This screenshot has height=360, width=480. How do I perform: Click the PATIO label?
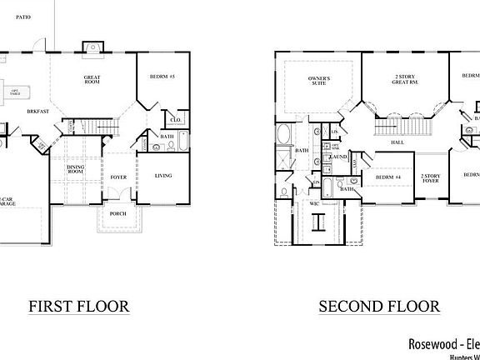pos(22,17)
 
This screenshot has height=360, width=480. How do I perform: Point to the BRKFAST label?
pos(36,111)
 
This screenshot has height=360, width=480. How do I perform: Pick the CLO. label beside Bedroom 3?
pos(176,119)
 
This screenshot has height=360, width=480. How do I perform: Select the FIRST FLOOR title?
pos(79,306)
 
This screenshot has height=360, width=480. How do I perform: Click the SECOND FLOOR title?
pos(379,306)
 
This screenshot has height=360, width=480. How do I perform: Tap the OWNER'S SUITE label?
pos(319,82)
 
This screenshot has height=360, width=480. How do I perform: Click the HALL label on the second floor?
pos(397,142)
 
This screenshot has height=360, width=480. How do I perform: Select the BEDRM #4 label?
pos(388,177)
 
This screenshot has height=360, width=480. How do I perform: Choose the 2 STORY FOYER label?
pos(430,177)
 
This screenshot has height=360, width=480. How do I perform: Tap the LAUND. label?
pos(338,157)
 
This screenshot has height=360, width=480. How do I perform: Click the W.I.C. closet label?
pos(314,202)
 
